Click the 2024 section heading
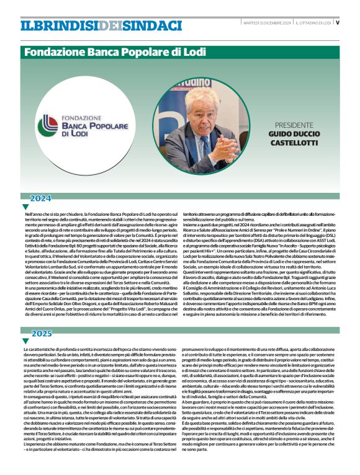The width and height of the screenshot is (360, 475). pyautogui.click(x=41, y=198)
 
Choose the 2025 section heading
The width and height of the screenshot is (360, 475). pyautogui.click(x=41, y=334)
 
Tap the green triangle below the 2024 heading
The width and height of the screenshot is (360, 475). pyautogui.click(x=25, y=207)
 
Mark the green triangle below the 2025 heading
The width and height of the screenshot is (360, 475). pyautogui.click(x=25, y=342)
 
